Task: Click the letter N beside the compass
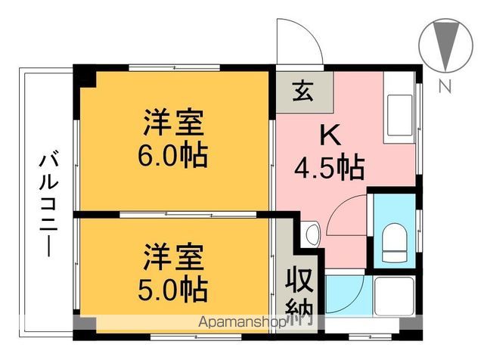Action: [x=445, y=85]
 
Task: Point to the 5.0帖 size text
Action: [x=173, y=287]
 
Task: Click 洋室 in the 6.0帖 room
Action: [x=173, y=123]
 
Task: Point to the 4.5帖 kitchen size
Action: [x=329, y=164]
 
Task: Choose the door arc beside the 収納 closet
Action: [x=344, y=291]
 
